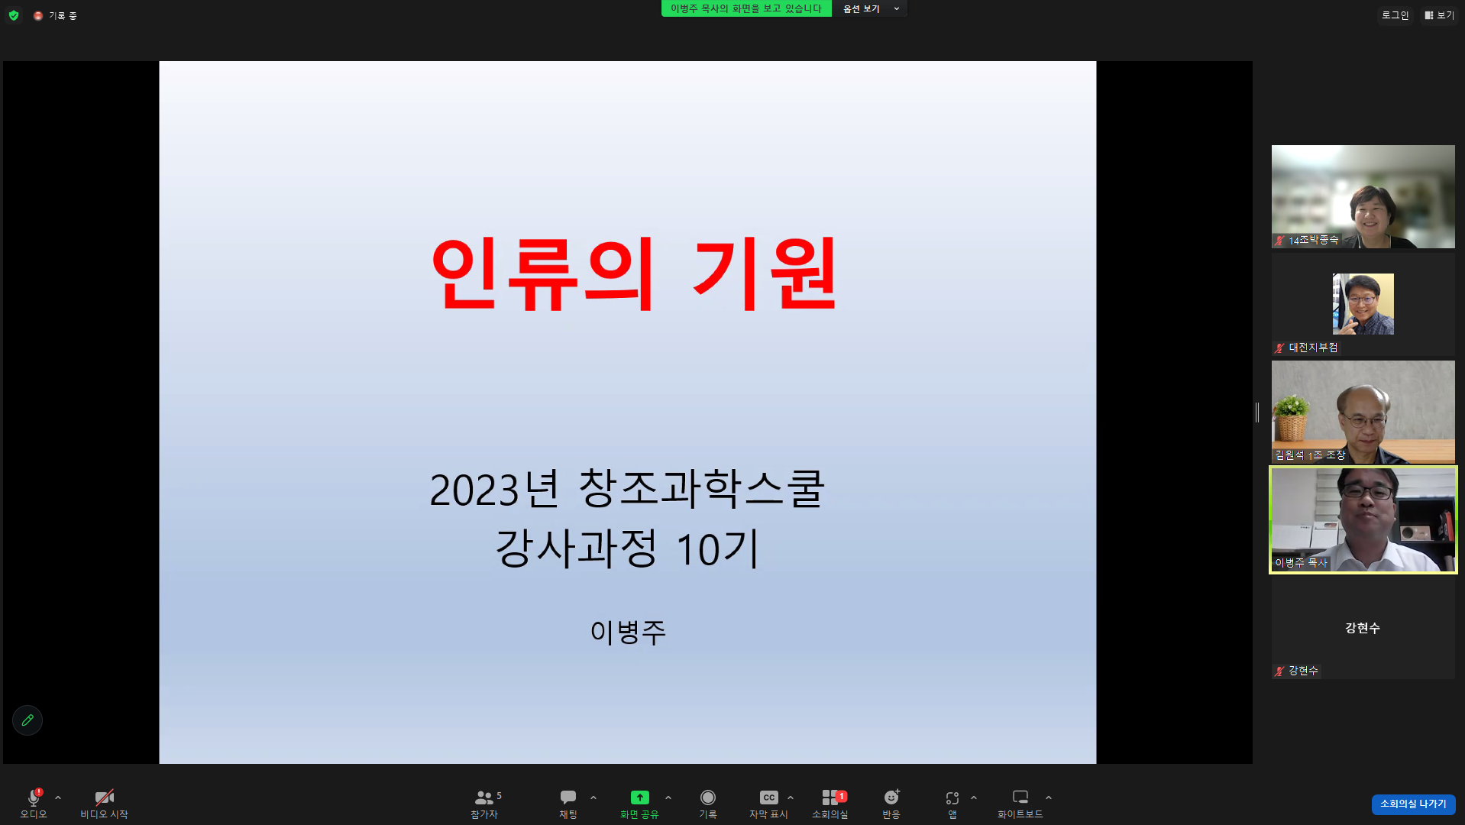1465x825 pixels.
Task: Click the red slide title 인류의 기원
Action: pyautogui.click(x=634, y=273)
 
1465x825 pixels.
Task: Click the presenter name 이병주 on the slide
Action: pyautogui.click(x=628, y=632)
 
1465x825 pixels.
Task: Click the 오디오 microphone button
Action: pyautogui.click(x=34, y=798)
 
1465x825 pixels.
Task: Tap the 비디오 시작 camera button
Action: pyautogui.click(x=104, y=798)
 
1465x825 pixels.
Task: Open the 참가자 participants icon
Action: pyautogui.click(x=483, y=798)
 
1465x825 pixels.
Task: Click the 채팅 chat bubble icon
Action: pyautogui.click(x=568, y=797)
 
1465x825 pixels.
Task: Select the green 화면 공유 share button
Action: pyautogui.click(x=639, y=797)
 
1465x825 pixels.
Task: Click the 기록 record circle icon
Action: pyautogui.click(x=707, y=797)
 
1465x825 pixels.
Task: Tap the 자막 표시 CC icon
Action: pyautogui.click(x=768, y=797)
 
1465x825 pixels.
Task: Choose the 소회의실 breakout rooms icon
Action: pyautogui.click(x=830, y=797)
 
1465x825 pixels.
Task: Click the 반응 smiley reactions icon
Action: pyautogui.click(x=891, y=797)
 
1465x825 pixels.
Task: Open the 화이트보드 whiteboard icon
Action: pyautogui.click(x=1020, y=797)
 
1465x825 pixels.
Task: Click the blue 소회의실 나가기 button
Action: pyautogui.click(x=1412, y=804)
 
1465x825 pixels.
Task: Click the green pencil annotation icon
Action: pyautogui.click(x=27, y=720)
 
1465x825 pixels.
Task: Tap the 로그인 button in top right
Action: pyautogui.click(x=1395, y=15)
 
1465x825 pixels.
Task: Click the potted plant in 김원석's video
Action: pyautogui.click(x=1292, y=416)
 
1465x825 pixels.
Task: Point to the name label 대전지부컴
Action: pyautogui.click(x=1312, y=348)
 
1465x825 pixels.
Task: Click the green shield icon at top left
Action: pyautogui.click(x=14, y=15)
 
